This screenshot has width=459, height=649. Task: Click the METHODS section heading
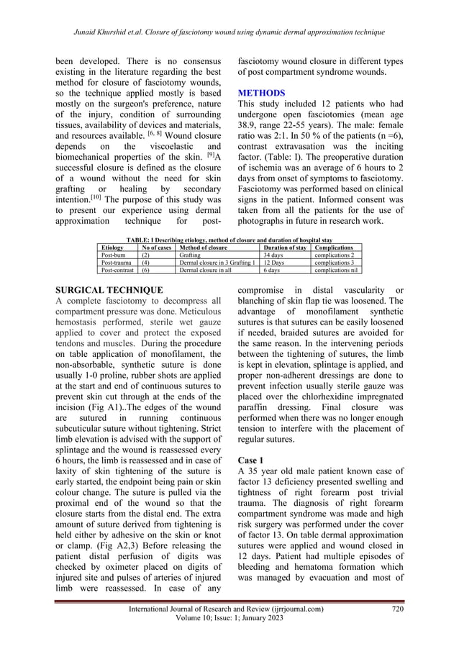[261, 93]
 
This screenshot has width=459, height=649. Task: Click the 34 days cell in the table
[273, 255]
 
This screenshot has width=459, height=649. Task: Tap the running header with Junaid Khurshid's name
[229, 32]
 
